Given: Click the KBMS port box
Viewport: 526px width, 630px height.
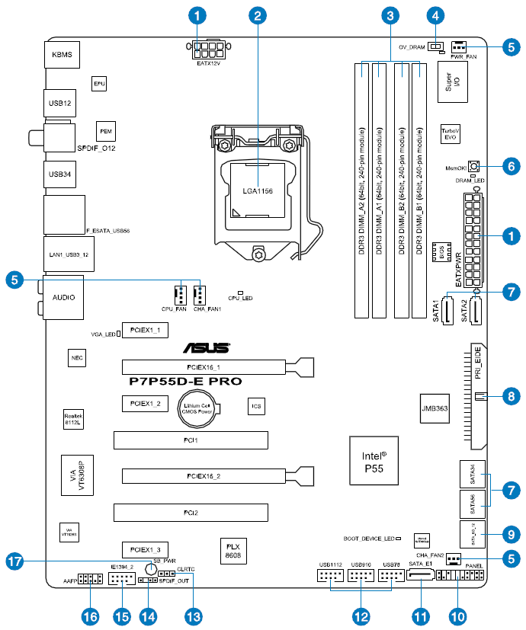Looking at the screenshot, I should (60, 56).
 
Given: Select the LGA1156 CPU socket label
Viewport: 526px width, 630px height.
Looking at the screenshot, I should (258, 190).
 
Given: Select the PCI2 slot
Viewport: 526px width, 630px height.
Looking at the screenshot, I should (191, 513).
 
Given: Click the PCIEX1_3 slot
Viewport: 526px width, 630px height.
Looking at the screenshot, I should (144, 548).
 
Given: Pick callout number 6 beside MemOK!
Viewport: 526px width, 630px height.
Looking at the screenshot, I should (510, 165).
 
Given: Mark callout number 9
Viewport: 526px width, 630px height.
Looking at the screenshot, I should (510, 533).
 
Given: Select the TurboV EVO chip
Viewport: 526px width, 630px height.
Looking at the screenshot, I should (450, 134).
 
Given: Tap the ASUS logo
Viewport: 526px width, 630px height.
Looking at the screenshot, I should (206, 349).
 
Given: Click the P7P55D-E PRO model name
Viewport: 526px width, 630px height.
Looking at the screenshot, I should (185, 379).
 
